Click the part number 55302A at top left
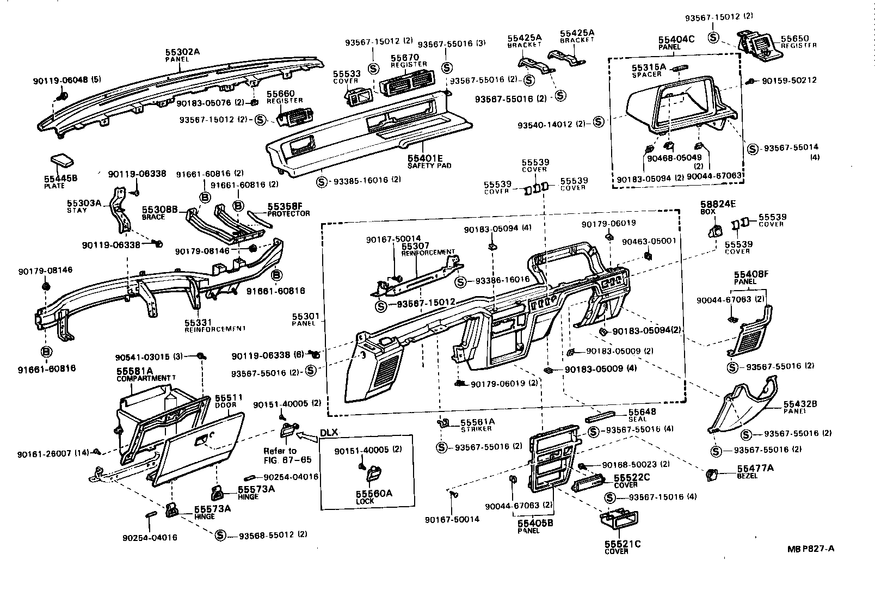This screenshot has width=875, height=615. [x=183, y=52]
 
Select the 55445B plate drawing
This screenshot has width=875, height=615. [x=63, y=161]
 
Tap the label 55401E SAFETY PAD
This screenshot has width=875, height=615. [x=429, y=161]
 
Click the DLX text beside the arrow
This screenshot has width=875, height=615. [x=329, y=432]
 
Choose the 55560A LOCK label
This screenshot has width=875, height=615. [x=373, y=496]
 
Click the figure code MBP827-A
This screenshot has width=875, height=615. [x=811, y=549]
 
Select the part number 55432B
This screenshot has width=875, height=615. [x=800, y=404]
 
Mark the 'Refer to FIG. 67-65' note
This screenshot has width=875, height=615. [x=287, y=455]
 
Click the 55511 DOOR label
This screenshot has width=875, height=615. [x=229, y=401]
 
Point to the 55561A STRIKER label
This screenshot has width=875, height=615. [x=476, y=424]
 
